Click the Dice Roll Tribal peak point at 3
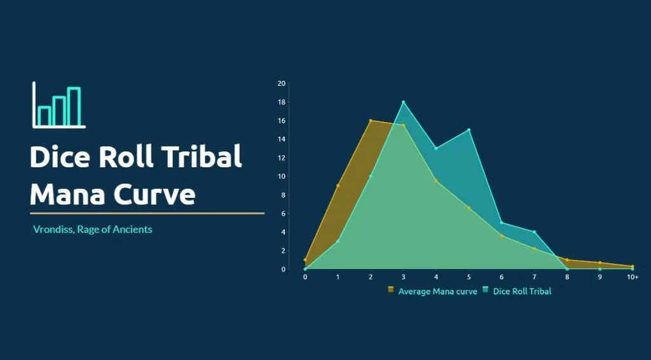point(403,102)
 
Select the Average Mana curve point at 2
point(371,121)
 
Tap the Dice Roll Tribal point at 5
point(469,130)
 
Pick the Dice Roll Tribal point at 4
point(436,148)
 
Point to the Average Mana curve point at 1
point(338,186)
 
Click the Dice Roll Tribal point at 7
point(534,232)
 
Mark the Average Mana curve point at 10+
point(633,267)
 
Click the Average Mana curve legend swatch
point(391,289)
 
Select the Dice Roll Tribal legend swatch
point(485,289)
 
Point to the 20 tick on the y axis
point(282,83)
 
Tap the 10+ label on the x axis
point(633,277)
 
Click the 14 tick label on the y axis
point(282,139)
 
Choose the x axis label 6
point(502,277)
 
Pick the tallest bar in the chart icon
point(74,106)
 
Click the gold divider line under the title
point(147,214)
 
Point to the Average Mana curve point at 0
point(305,260)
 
